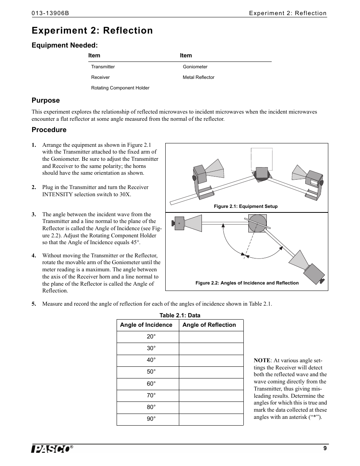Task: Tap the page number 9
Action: tap(325, 448)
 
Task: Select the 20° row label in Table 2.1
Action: tap(151, 337)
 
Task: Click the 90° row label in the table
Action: tap(151, 419)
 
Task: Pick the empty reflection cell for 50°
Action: tap(211, 372)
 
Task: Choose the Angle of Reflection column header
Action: tap(209, 325)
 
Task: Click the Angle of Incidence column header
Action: tap(146, 325)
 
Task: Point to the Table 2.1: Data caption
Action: tap(180, 315)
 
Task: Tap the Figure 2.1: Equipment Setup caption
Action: tap(246, 206)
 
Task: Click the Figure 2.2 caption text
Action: tap(247, 283)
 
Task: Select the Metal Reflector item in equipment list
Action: tap(198, 77)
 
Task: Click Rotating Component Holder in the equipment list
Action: tap(120, 88)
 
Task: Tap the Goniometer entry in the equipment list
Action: tap(195, 67)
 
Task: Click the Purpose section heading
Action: tap(46, 100)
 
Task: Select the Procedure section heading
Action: tap(49, 130)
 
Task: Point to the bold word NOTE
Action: tap(262, 360)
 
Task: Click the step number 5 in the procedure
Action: tap(34, 304)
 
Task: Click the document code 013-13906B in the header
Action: tap(50, 13)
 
